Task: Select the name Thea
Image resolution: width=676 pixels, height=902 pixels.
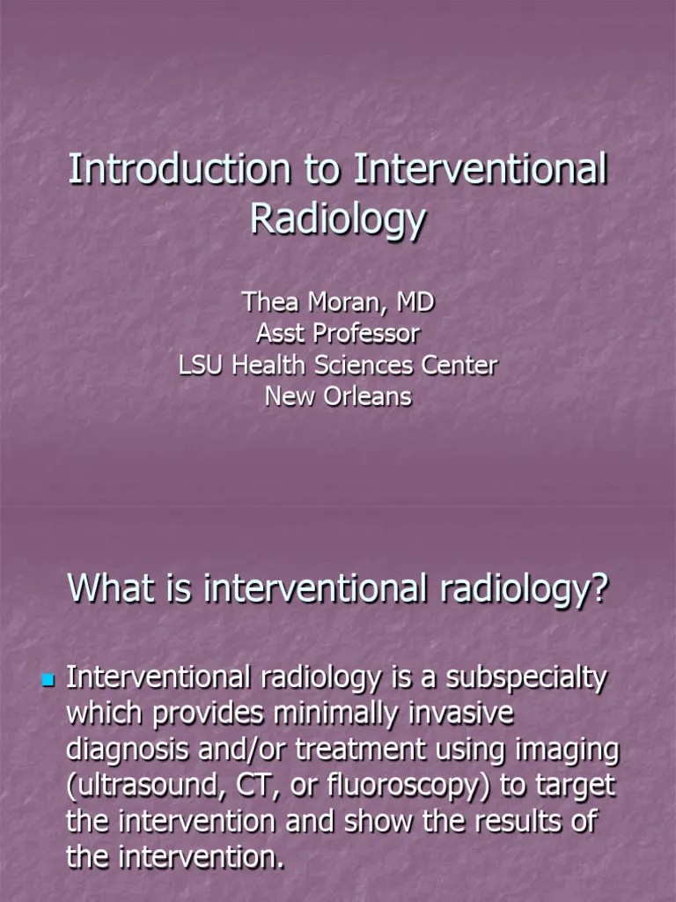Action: (x=272, y=303)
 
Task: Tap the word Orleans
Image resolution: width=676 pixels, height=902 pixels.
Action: (x=367, y=396)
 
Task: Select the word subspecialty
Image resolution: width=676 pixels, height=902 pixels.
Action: (x=525, y=679)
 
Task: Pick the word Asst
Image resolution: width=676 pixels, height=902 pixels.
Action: (x=280, y=334)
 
